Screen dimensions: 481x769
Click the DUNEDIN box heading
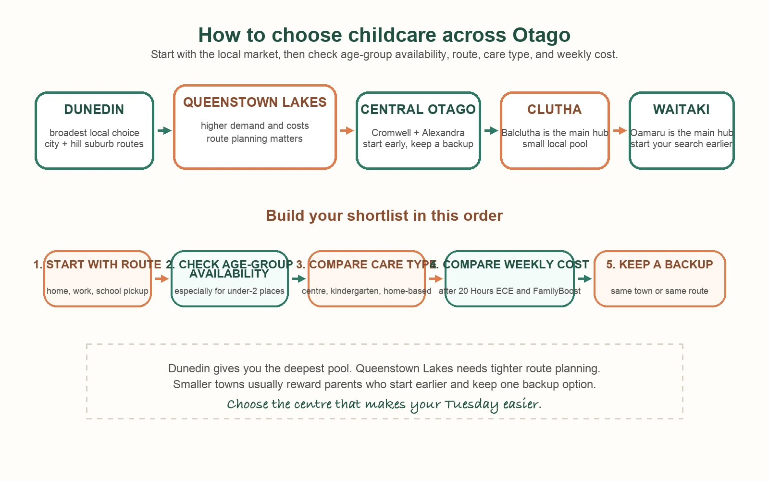[94, 110]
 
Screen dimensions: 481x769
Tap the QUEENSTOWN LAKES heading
[255, 102]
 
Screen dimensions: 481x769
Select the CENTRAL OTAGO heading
[418, 110]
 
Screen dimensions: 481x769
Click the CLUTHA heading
[555, 110]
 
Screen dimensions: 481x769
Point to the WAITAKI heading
[681, 110]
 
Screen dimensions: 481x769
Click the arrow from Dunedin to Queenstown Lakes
[164, 130]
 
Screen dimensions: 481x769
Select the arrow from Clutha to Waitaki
[620, 130]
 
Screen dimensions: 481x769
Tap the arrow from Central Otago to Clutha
[491, 130]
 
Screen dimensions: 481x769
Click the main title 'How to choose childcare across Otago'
[384, 35]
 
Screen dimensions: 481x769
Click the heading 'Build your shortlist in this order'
[384, 215]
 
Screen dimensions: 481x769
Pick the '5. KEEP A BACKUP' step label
[659, 265]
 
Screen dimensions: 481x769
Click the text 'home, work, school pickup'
[98, 291]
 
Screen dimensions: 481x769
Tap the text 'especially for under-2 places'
[229, 291]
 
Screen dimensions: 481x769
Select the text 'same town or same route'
[659, 291]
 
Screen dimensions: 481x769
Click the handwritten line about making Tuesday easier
[384, 404]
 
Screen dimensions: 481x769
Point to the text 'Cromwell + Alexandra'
[418, 133]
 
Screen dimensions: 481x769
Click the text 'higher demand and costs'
[255, 126]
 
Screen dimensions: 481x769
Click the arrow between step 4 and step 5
[584, 278]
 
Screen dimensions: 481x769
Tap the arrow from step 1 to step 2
[161, 278]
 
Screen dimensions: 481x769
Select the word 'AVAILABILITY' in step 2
[229, 274]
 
